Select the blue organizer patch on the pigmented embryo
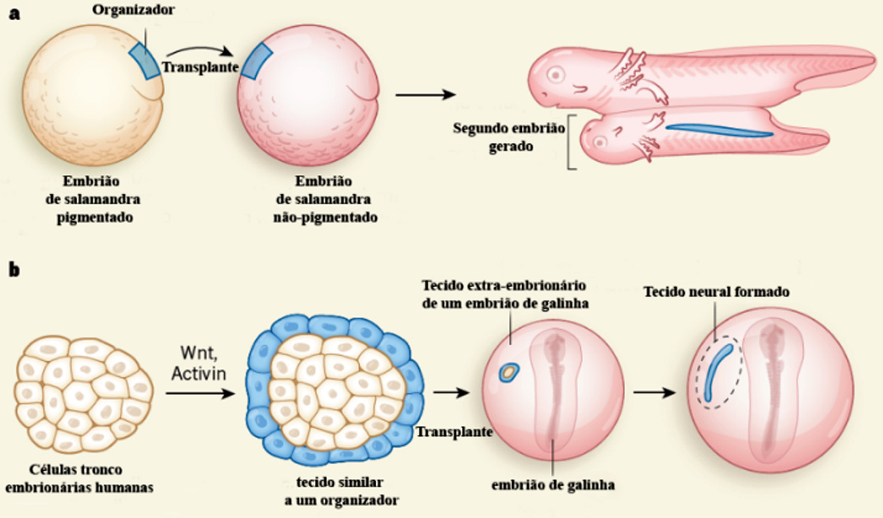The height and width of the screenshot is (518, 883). [144, 59]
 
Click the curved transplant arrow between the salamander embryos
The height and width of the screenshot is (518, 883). [197, 51]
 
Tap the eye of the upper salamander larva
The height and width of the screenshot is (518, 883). [556, 75]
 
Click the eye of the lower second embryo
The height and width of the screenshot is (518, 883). [597, 138]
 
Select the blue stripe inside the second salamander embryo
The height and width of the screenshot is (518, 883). [718, 131]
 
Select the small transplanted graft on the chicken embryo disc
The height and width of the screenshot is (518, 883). [509, 371]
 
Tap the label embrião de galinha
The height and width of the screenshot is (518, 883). [553, 485]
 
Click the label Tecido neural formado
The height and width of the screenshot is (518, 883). [716, 292]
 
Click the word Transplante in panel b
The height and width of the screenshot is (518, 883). [453, 432]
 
